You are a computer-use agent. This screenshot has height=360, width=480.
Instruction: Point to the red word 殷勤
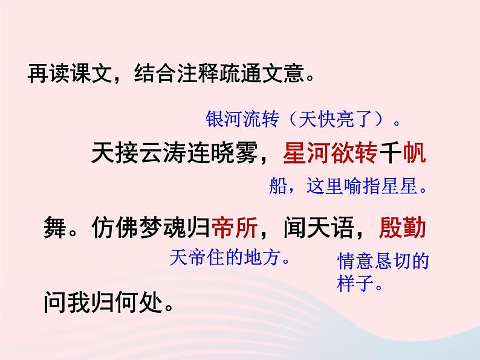(x=403, y=228)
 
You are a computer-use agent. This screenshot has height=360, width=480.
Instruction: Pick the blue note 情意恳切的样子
(x=383, y=272)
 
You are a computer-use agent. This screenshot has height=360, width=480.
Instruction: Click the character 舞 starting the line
(x=55, y=228)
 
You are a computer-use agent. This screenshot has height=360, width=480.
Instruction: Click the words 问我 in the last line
(x=66, y=300)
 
